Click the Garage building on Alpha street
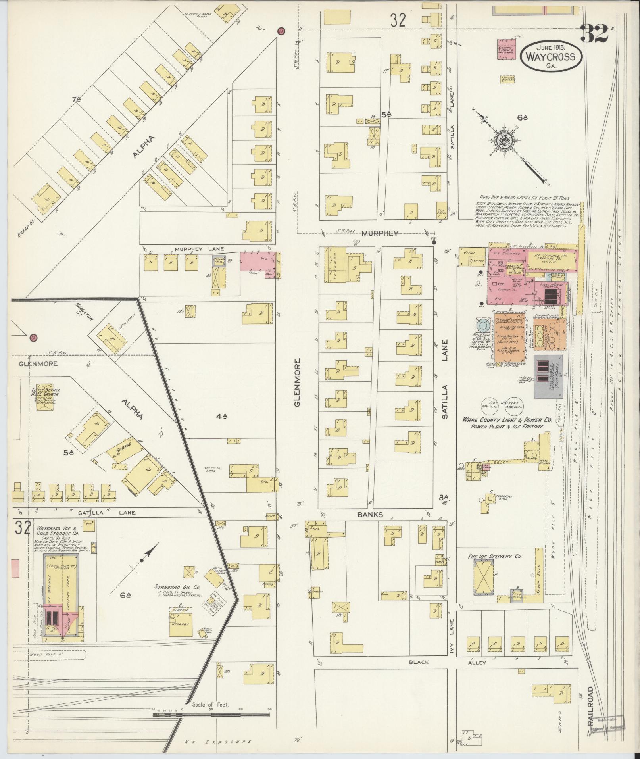[124, 451]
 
